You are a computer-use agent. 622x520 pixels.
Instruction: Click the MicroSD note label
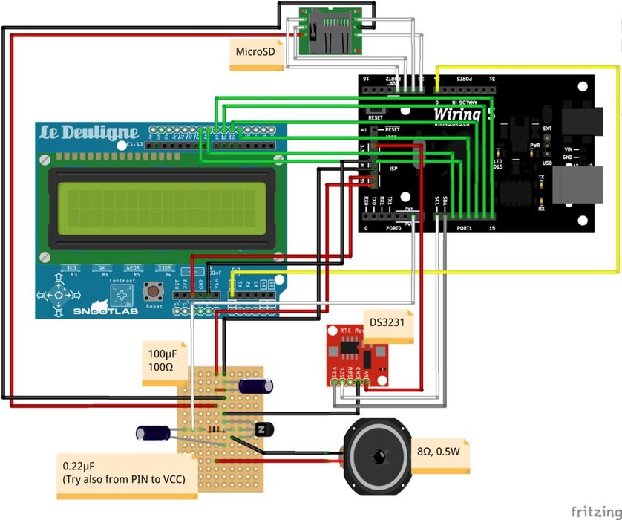(255, 53)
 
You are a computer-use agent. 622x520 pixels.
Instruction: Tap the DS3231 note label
(387, 323)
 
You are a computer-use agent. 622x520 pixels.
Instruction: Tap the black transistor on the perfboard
(263, 429)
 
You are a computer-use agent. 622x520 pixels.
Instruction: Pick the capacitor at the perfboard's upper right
(257, 386)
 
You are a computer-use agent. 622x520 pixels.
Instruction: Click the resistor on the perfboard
(215, 429)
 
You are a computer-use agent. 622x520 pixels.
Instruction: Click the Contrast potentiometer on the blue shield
(120, 297)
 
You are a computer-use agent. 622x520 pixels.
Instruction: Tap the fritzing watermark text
(595, 511)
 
